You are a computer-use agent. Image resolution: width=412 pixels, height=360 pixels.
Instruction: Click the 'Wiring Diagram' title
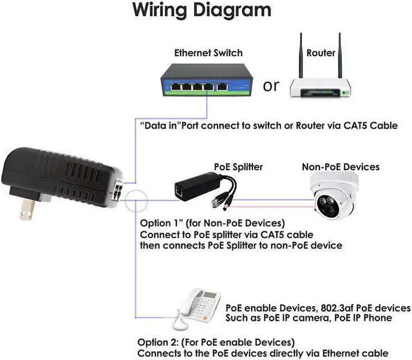coord(201,10)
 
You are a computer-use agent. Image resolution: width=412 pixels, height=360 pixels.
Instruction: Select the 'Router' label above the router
coord(321,53)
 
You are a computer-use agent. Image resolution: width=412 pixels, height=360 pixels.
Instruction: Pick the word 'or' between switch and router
coord(272,86)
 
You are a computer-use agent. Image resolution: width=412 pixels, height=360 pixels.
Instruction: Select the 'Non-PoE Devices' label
coord(341,167)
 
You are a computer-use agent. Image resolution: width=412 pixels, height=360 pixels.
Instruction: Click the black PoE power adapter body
coord(64,175)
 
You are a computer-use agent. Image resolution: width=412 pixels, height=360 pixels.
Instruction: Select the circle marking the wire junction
coord(136,202)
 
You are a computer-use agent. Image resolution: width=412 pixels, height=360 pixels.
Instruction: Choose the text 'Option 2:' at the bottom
coord(160,341)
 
